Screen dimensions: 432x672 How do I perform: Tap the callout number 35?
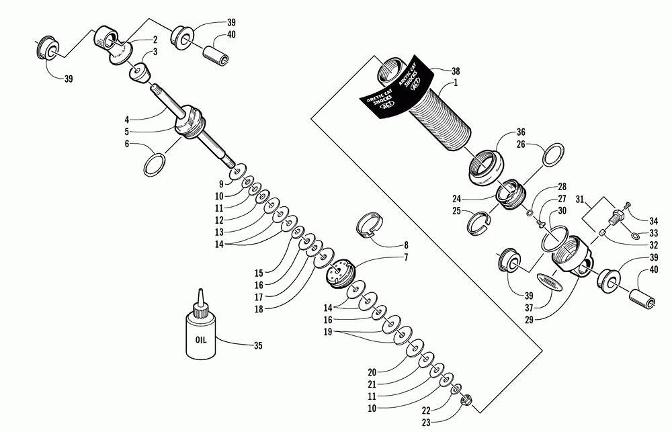(x=258, y=347)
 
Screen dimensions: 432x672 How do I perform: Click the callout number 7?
(x=405, y=257)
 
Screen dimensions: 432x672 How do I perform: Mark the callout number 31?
(x=582, y=199)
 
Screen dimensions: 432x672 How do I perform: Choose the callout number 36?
(x=520, y=132)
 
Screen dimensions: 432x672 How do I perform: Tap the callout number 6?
(x=126, y=143)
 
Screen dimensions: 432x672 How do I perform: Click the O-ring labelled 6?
(x=155, y=163)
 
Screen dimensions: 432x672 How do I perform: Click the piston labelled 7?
(x=343, y=273)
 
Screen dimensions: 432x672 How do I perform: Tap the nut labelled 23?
(x=464, y=403)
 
